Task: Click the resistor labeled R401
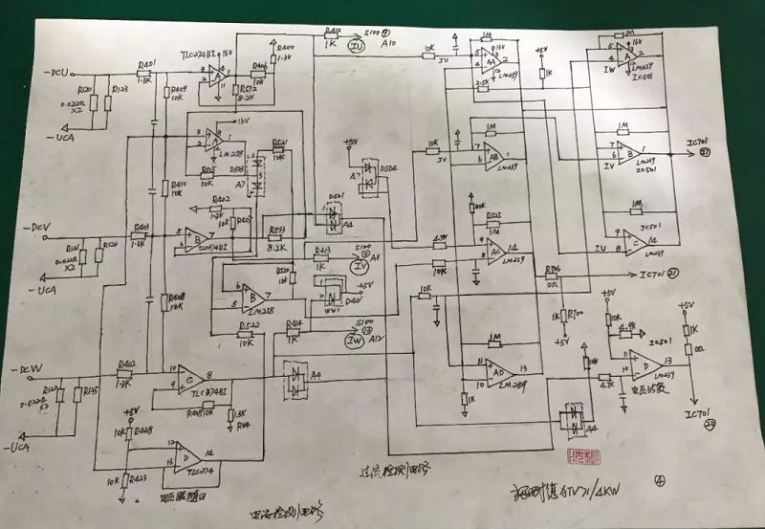click(146, 64)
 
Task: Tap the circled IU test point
click(356, 44)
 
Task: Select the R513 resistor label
click(277, 230)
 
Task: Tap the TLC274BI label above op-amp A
click(199, 55)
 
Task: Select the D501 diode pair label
click(336, 197)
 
